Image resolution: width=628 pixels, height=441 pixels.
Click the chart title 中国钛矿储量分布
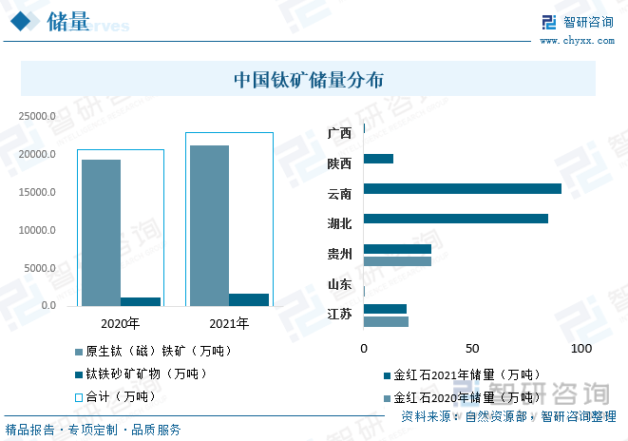click(309, 80)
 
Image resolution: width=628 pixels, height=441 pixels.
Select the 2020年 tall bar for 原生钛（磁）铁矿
click(100, 232)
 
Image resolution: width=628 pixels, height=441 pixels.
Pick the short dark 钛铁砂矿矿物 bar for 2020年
click(140, 301)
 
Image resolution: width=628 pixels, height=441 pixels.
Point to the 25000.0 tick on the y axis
click(38, 116)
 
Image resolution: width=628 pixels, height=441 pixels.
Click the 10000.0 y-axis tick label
click(38, 230)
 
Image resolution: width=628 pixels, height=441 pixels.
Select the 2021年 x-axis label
click(229, 323)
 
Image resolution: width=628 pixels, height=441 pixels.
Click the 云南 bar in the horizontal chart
click(463, 188)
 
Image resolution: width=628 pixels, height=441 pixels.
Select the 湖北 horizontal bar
click(456, 219)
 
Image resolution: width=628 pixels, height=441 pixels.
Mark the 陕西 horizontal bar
click(378, 159)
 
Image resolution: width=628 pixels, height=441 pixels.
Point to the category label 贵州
click(339, 254)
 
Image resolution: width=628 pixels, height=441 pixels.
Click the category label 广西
click(339, 133)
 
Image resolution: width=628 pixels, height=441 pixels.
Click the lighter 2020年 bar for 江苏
click(386, 321)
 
